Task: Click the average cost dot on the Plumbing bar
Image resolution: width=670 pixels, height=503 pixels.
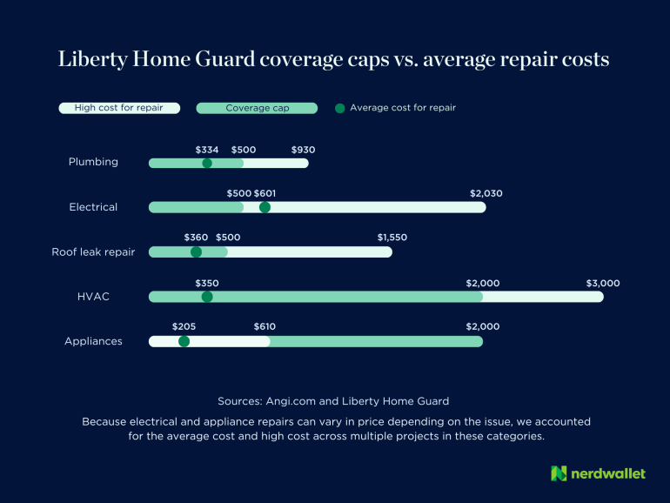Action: coord(207,163)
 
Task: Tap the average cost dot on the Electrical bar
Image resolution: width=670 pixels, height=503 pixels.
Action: coord(265,207)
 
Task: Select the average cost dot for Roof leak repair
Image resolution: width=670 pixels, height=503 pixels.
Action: coord(196,252)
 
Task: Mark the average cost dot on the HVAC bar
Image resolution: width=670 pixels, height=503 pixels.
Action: coord(207,297)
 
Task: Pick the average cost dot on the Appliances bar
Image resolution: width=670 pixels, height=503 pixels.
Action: coord(184,341)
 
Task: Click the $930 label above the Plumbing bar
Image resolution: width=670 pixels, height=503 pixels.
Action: coord(303,150)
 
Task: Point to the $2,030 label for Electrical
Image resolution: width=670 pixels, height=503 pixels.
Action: coord(486,193)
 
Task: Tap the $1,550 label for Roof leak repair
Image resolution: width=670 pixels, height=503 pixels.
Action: coord(392,238)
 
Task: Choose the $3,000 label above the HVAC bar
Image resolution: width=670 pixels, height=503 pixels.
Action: coord(603,283)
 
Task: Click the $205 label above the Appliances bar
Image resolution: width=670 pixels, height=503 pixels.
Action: coord(184,326)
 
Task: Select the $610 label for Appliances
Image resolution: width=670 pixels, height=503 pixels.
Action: coord(265,326)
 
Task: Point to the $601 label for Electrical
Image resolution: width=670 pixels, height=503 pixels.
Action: coord(265,193)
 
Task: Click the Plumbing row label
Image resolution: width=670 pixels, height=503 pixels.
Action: coord(93,162)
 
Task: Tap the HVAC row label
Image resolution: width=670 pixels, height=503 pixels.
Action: coord(93,297)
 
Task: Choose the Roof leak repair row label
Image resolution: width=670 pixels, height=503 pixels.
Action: coord(93,252)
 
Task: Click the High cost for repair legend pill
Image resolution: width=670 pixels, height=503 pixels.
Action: coord(119,108)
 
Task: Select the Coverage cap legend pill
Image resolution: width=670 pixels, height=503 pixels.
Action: coord(258,108)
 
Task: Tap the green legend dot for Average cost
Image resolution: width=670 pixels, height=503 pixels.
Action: coord(339,108)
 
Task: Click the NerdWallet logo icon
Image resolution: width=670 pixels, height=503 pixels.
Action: coord(559,473)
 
